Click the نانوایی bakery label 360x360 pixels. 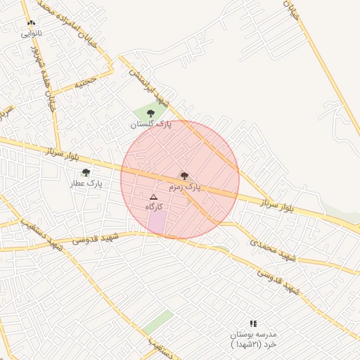coord(31,33)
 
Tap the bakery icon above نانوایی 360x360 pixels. coord(31,24)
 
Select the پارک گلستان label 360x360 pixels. coord(150,124)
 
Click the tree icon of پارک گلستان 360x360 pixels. coord(150,113)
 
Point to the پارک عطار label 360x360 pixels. coord(86,184)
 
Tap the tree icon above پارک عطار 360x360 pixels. coord(86,172)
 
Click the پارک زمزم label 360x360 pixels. coord(184,188)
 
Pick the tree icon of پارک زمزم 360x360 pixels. coord(184,176)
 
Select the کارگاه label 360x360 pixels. coord(154,207)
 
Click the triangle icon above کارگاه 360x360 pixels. coord(154,198)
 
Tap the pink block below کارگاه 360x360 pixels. coord(157,224)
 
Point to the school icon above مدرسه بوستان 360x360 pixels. coord(253,323)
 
